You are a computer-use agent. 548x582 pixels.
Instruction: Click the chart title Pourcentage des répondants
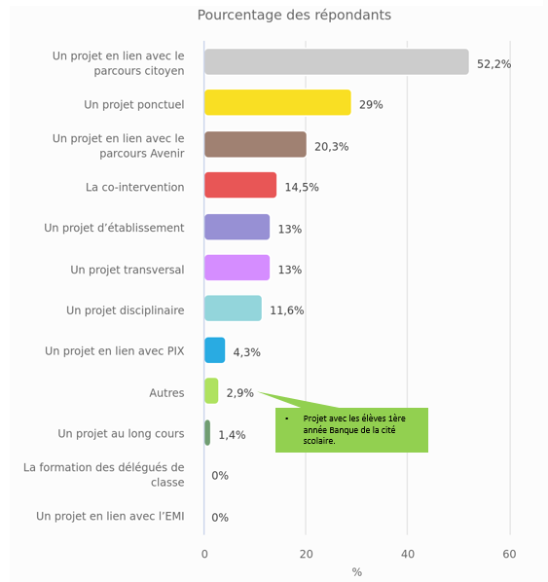point(294,16)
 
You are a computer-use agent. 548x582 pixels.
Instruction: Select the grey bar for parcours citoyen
point(337,61)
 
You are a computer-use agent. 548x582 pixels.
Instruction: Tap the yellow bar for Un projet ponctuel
point(277,102)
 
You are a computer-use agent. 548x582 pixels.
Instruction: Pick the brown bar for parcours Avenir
point(255,144)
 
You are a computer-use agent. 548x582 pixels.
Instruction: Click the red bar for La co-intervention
point(240,185)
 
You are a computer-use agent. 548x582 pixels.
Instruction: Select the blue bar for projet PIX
point(214,350)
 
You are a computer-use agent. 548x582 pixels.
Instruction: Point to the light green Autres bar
point(211,391)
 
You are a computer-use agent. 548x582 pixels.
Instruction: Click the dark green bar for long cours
point(207,433)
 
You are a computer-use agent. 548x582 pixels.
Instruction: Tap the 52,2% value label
point(493,64)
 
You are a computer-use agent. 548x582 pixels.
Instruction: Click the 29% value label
point(371,105)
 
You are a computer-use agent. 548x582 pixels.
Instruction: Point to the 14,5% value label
point(302,187)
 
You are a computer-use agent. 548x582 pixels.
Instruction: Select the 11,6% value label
point(286,310)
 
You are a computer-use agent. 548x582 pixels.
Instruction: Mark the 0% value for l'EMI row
point(220,518)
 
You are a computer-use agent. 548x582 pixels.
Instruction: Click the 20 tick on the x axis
point(306,554)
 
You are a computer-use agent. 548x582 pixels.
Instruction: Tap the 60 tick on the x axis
point(509,554)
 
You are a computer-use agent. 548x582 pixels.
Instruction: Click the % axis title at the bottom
point(357,572)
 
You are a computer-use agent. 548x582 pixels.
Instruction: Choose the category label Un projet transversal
point(128,270)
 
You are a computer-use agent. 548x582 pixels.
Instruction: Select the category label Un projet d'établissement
point(114,228)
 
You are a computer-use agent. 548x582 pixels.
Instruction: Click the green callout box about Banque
point(351,430)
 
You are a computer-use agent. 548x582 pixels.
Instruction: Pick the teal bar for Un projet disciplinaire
point(234,309)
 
